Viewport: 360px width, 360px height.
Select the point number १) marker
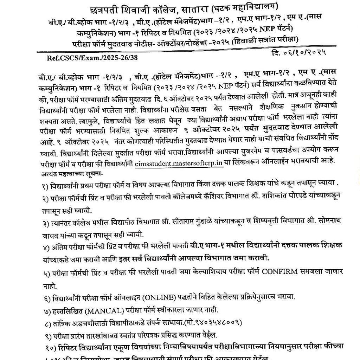45,184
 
